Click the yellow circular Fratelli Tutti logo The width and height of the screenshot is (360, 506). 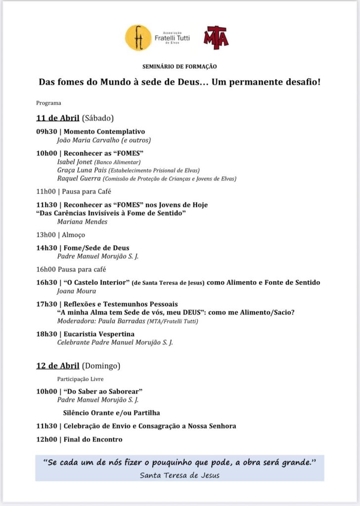point(138,38)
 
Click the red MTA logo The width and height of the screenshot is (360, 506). point(216,38)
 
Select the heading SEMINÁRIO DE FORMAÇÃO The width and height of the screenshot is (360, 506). point(180,66)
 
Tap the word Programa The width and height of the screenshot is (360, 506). point(48,103)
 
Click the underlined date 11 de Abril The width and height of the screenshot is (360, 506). point(58,118)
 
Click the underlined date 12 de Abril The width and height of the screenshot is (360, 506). point(58,366)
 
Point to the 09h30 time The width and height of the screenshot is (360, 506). point(46,132)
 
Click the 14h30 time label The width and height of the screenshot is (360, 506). point(46,248)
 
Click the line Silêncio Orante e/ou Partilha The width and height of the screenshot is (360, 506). point(111,413)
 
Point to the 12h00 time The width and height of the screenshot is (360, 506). point(46,439)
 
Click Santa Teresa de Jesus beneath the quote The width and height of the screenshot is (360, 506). point(180,475)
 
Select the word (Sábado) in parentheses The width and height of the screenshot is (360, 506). point(98,118)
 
